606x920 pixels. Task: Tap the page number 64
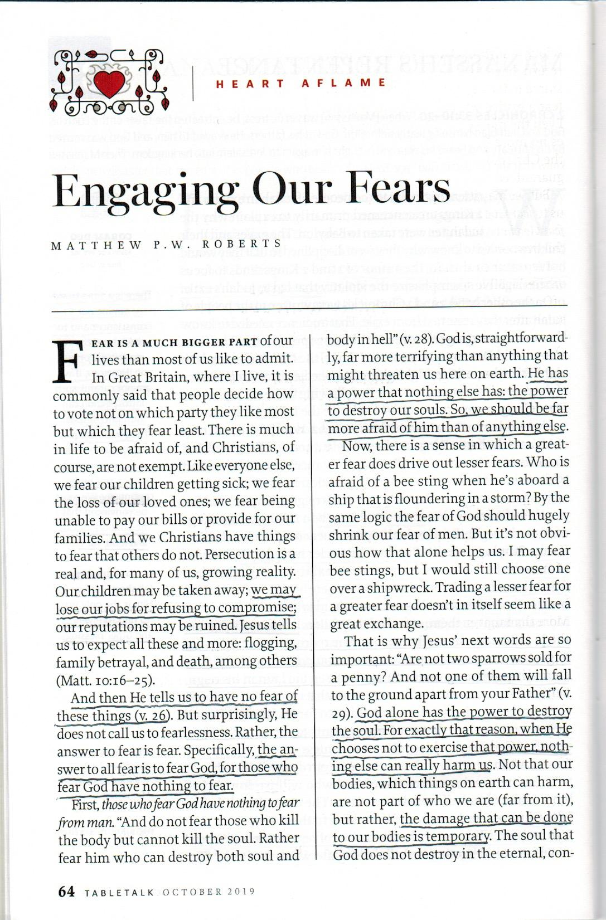66,891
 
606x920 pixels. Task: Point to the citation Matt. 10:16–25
105,679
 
